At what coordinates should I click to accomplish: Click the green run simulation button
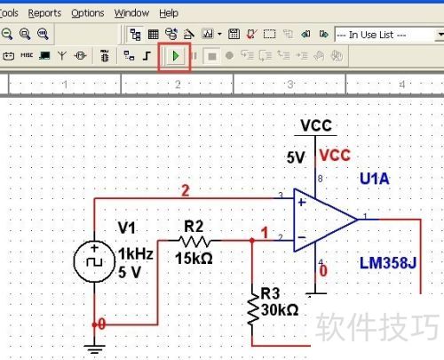[176, 56]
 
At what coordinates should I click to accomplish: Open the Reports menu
[44, 13]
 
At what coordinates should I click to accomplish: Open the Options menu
[88, 13]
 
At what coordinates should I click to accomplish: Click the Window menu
[131, 13]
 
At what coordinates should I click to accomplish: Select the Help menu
[169, 13]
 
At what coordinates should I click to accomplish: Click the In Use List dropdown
[389, 35]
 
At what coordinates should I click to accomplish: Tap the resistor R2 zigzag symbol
[194, 241]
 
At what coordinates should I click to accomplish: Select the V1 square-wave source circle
[94, 261]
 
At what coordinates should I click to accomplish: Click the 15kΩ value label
[194, 259]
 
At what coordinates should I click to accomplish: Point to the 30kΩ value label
[280, 310]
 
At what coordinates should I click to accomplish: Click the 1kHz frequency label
[136, 254]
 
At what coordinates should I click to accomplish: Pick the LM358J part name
[388, 263]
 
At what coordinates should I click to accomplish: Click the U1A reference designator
[375, 179]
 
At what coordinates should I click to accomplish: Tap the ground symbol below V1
[94, 349]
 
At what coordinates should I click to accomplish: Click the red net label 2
[186, 190]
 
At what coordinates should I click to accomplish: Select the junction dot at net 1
[252, 241]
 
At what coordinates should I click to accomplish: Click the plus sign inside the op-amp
[302, 203]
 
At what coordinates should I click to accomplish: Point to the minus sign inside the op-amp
[302, 237]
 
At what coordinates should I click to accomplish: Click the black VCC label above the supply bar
[316, 125]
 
